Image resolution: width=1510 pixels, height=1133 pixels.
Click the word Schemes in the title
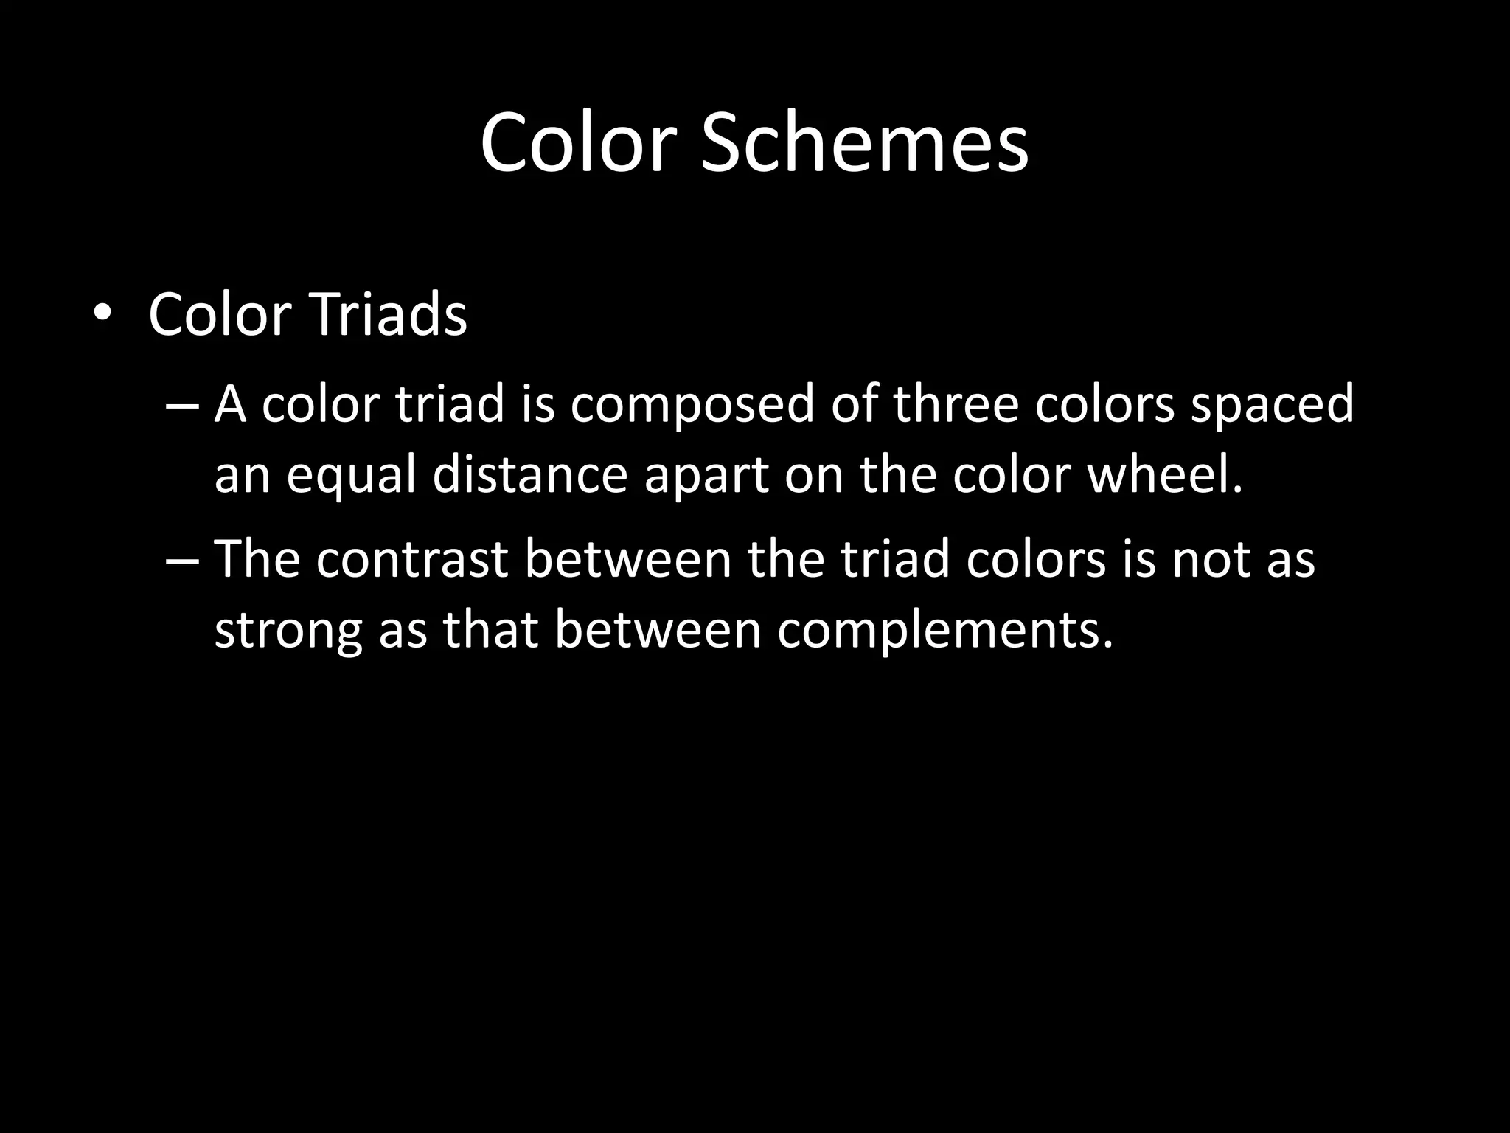[863, 142]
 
